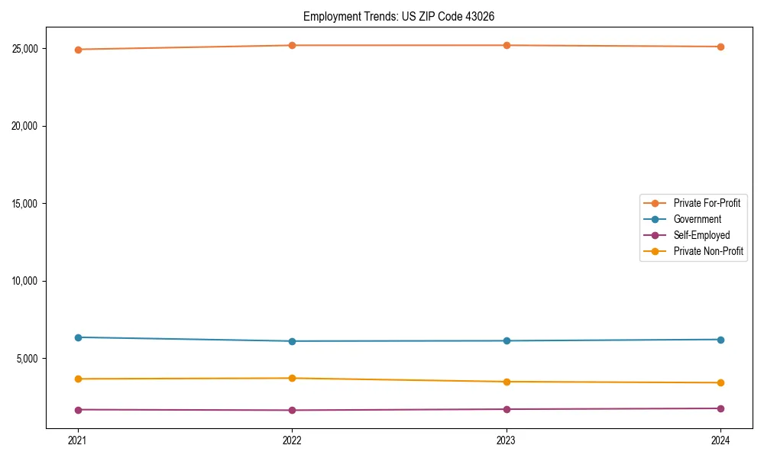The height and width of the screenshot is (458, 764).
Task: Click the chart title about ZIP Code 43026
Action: [x=404, y=16]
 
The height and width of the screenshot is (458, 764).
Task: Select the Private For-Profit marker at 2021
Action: [x=78, y=50]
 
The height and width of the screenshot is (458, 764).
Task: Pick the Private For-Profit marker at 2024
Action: [x=720, y=47]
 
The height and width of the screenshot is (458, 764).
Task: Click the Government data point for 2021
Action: [x=78, y=337]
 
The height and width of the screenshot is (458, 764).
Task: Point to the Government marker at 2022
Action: [x=292, y=341]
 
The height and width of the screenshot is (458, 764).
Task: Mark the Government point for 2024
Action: [x=720, y=340]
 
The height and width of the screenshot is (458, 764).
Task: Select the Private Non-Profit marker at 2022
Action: [x=292, y=378]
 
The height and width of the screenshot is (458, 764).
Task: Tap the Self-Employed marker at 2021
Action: [x=78, y=410]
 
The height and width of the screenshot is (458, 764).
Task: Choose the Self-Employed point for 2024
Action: [x=720, y=408]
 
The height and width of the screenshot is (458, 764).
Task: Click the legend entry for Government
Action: [x=697, y=219]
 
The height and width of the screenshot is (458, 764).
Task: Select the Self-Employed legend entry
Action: [x=701, y=235]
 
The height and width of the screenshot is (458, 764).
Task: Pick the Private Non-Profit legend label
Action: [x=708, y=251]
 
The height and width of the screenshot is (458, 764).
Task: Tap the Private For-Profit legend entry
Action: [x=706, y=203]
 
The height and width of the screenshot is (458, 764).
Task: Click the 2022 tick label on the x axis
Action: [x=292, y=440]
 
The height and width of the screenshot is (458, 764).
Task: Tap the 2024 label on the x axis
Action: [x=720, y=440]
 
